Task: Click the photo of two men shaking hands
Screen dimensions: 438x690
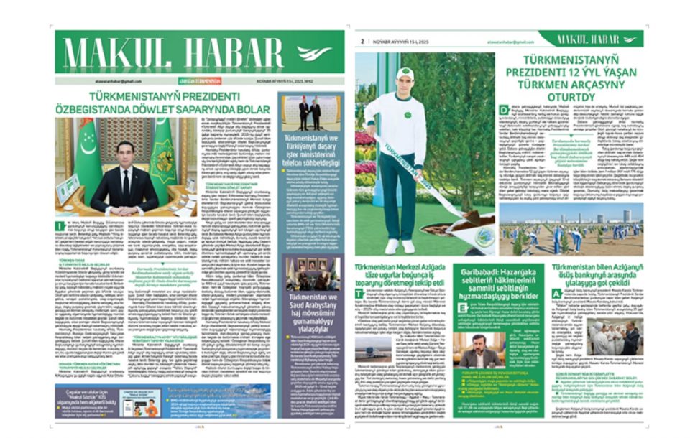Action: point(305,113)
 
